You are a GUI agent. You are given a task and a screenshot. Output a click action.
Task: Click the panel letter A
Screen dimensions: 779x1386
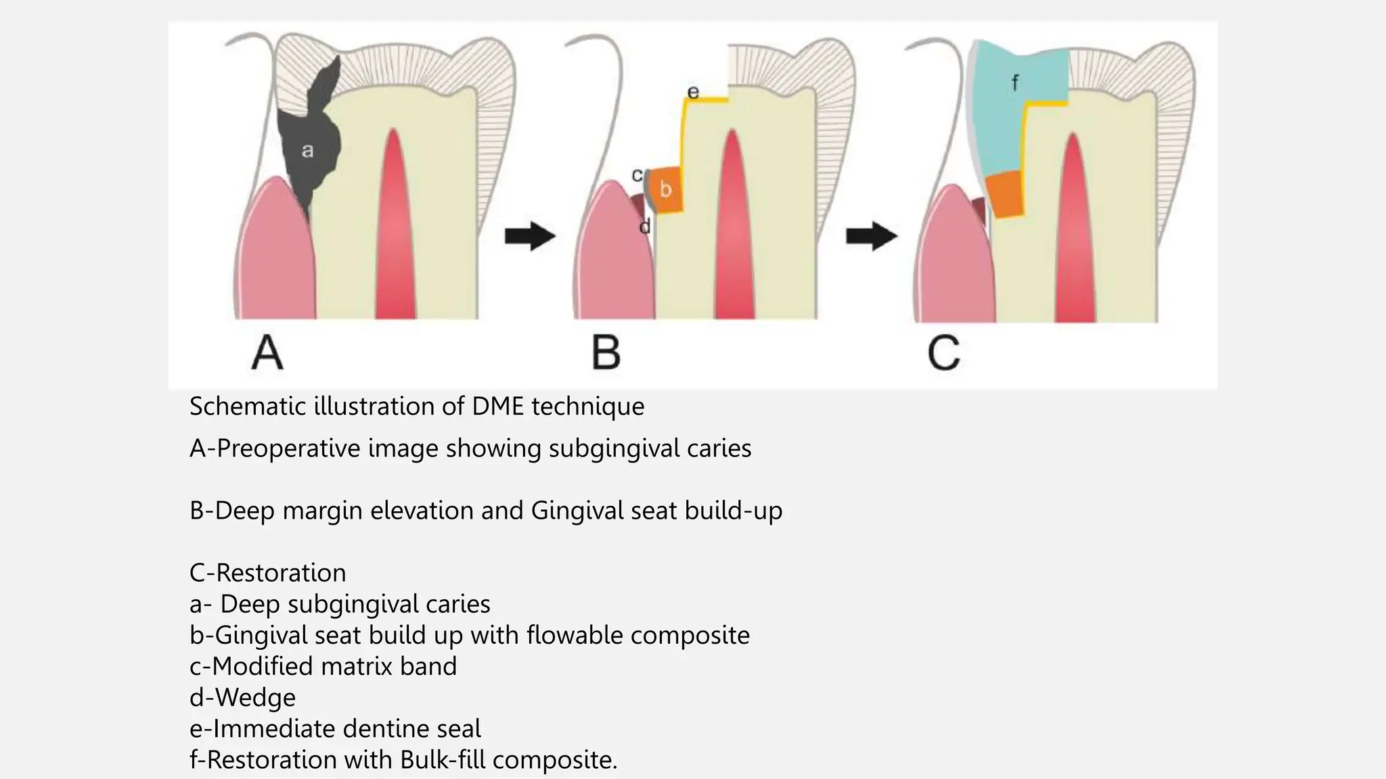click(267, 353)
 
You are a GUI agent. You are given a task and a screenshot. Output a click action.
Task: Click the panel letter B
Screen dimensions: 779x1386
click(606, 353)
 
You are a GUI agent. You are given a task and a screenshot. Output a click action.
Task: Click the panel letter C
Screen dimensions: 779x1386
click(943, 353)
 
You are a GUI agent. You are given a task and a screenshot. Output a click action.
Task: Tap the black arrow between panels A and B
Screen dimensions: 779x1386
click(530, 236)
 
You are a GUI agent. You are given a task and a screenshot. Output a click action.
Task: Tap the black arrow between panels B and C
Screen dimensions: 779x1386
click(871, 236)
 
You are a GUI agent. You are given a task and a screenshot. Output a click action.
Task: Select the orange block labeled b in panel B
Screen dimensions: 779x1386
click(665, 190)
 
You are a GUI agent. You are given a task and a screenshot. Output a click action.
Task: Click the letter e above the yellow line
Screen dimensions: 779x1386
click(693, 92)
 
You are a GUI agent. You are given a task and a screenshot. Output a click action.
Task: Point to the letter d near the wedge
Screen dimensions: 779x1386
click(644, 227)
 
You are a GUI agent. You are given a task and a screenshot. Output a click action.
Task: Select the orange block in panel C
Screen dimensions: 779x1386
click(1004, 195)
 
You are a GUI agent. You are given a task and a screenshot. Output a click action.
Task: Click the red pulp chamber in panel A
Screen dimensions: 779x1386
click(395, 230)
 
